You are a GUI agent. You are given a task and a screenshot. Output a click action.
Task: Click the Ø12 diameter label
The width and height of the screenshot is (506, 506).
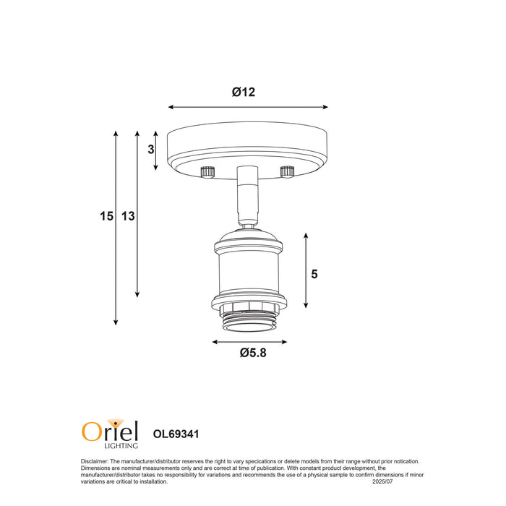point(244,93)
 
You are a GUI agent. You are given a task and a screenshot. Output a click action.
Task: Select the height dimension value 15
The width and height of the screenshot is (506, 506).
point(107,215)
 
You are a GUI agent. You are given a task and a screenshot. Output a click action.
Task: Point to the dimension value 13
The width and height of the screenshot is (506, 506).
point(128,215)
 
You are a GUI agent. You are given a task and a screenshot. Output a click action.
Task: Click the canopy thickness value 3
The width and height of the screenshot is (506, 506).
point(150,150)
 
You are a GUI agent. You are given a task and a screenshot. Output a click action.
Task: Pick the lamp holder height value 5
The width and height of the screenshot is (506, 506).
point(314,274)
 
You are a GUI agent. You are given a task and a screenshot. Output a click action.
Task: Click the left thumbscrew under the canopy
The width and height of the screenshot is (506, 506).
point(207,172)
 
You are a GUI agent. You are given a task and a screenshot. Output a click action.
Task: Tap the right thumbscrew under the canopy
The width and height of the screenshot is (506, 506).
point(287,172)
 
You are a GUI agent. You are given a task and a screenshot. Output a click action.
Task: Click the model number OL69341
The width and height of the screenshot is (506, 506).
point(176,434)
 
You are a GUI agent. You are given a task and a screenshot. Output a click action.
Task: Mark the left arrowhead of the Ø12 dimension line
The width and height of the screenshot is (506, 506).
point(171,107)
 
